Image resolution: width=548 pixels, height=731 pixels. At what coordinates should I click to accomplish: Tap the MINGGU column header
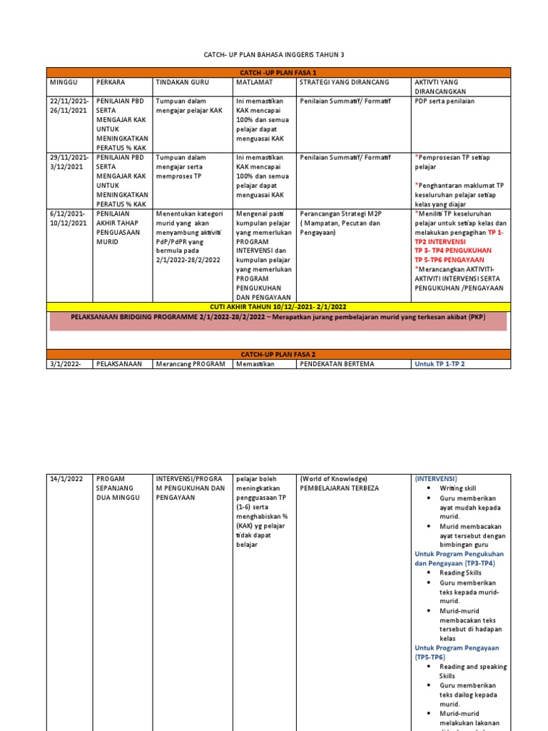(64, 82)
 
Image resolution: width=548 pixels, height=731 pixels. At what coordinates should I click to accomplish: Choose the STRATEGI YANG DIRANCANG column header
(345, 82)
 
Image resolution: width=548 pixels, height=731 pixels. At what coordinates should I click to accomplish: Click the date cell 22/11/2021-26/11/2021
(69, 106)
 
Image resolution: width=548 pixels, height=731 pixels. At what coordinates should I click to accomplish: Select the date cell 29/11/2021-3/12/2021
(69, 162)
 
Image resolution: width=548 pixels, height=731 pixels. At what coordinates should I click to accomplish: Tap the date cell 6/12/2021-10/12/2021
(69, 218)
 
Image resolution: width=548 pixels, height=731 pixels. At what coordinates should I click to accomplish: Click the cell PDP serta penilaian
(445, 101)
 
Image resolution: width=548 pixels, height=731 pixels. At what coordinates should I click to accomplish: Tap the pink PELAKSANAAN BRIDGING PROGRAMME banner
(278, 318)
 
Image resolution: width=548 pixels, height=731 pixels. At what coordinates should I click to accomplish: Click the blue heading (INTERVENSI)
(436, 478)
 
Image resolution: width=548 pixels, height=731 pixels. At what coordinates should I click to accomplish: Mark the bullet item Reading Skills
(460, 573)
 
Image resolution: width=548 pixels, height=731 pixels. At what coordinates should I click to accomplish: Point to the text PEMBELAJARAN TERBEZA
(340, 488)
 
